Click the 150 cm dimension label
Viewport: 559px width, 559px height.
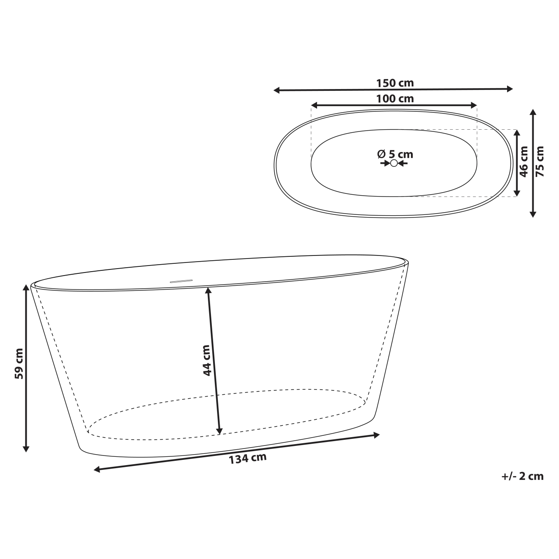pos(394,83)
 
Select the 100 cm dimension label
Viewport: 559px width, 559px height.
pos(394,99)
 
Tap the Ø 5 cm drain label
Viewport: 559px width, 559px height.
pos(395,154)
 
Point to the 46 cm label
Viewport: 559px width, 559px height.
pos(524,161)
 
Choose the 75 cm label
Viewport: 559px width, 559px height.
pos(540,161)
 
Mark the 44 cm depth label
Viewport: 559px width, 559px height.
pos(207,360)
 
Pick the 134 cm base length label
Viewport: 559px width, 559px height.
pos(248,459)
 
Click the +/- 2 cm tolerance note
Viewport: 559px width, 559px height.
pos(522,476)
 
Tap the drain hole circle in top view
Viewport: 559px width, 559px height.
pos(394,163)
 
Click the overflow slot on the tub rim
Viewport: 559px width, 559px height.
pos(181,281)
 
